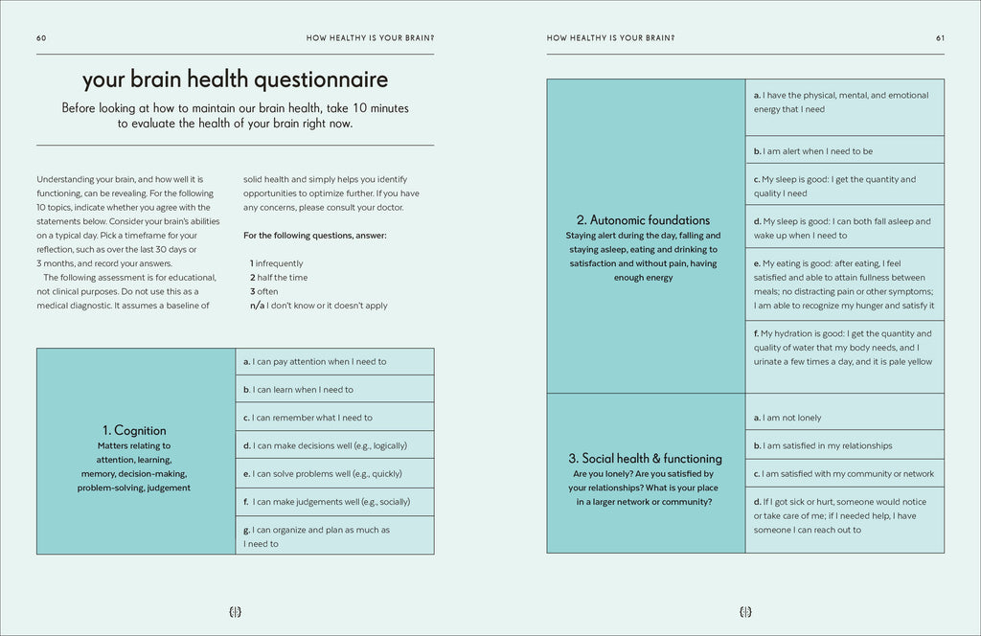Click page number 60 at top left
tap(41, 38)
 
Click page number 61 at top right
tap(940, 38)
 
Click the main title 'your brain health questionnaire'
tap(235, 79)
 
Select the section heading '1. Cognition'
tap(134, 430)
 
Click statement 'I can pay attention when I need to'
tap(314, 361)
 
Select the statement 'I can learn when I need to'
tap(298, 390)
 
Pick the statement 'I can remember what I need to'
tap(308, 418)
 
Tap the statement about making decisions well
tap(325, 445)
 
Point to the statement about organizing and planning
tap(316, 535)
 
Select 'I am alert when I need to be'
tap(812, 150)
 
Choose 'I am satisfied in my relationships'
tap(822, 445)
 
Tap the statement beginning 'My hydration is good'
tap(843, 348)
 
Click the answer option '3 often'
tap(265, 291)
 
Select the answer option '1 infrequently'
tap(276, 262)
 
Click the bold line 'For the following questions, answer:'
tap(315, 235)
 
